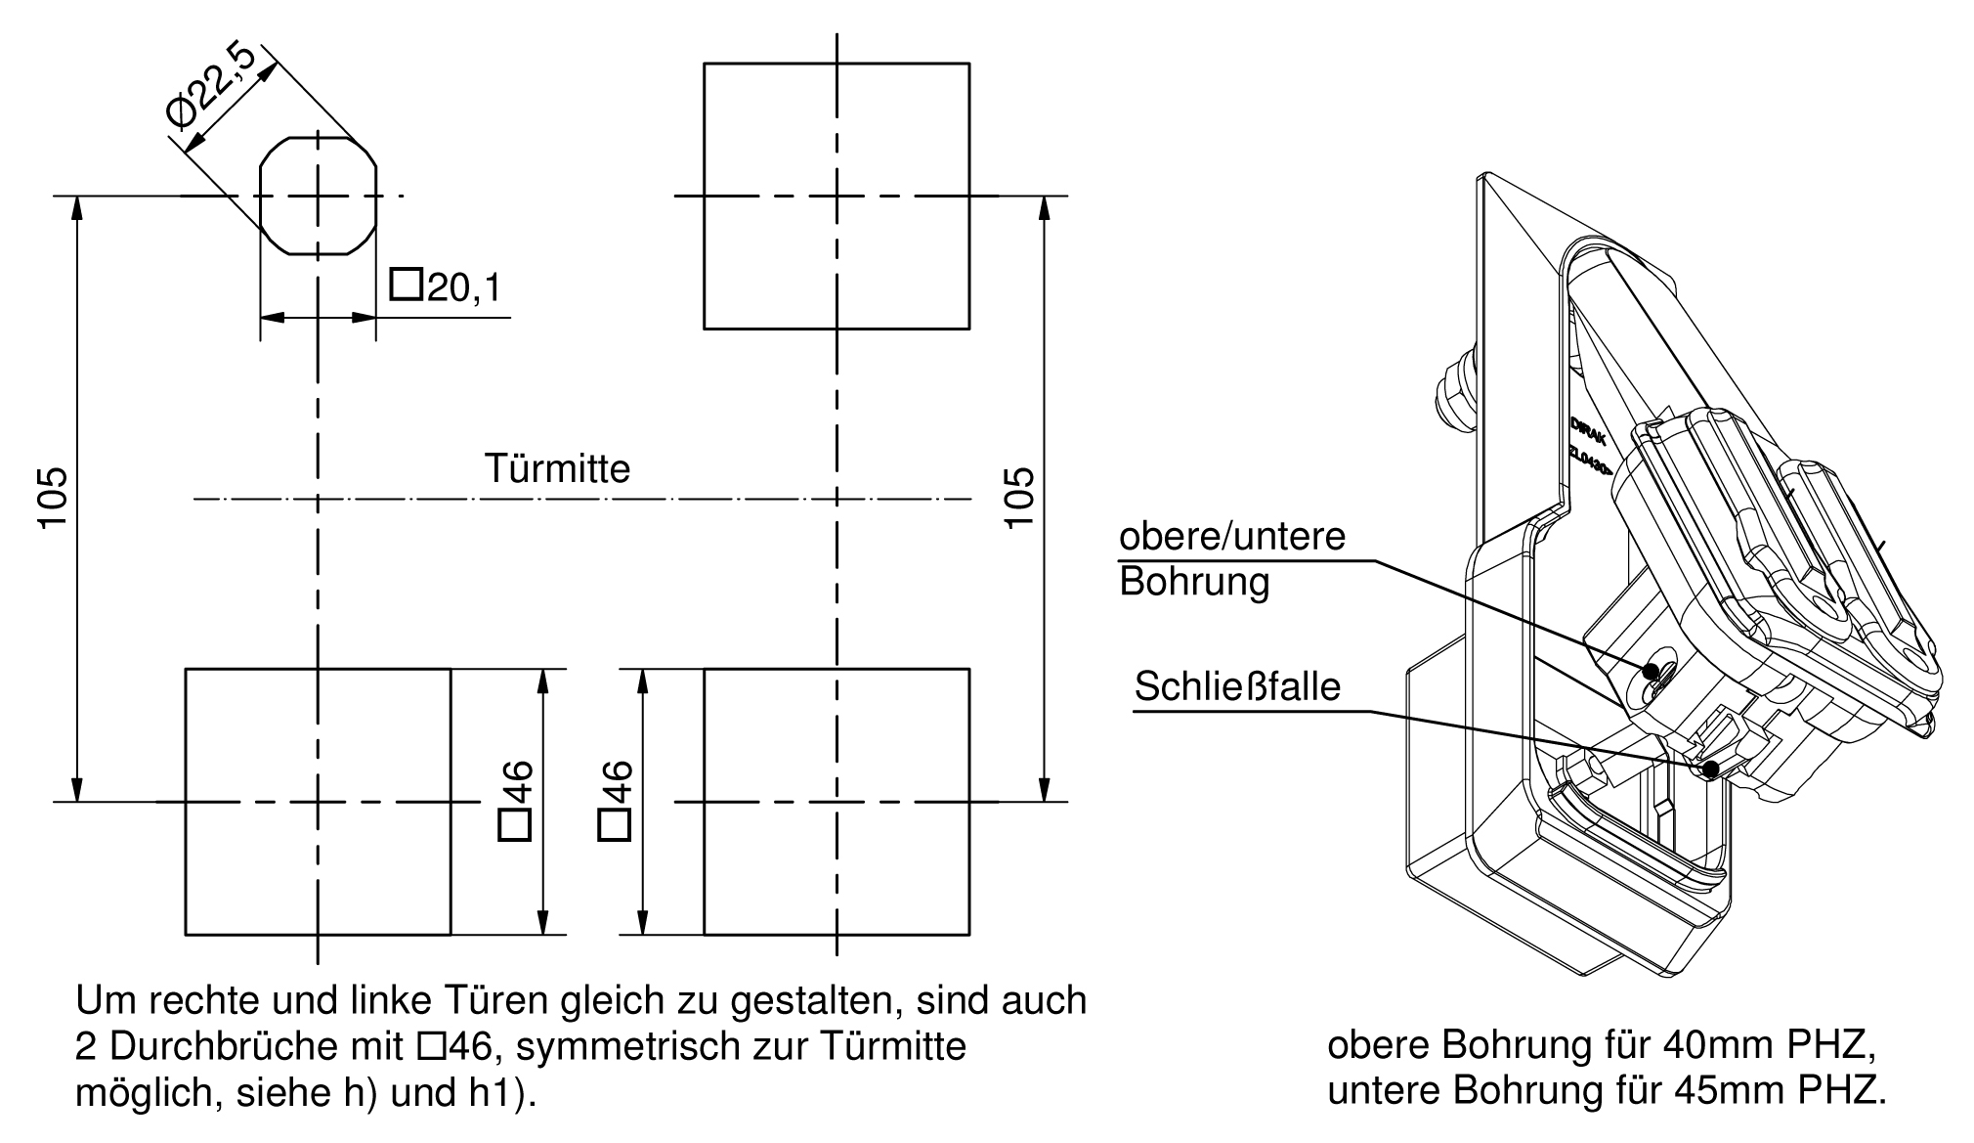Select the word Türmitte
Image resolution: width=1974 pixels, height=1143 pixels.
coord(558,469)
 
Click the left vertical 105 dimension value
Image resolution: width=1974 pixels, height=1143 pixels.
coord(53,499)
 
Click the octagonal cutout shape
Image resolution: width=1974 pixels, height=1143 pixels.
coord(318,196)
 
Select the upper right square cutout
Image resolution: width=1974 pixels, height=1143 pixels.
coord(837,196)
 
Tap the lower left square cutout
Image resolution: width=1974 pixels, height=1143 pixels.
coord(318,802)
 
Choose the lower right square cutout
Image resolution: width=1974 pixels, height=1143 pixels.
coord(837,802)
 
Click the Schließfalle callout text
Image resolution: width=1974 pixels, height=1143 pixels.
coord(1237,687)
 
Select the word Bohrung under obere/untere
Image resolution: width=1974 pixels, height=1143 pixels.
coord(1194,582)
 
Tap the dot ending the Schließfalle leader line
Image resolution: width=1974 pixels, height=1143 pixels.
coord(1710,769)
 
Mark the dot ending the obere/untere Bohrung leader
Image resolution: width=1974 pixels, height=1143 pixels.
coord(1651,672)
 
